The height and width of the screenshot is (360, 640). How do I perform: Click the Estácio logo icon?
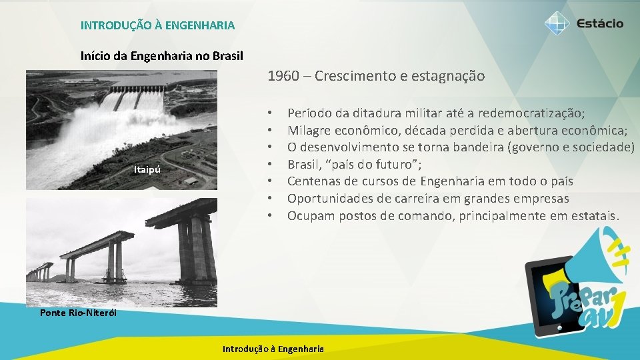point(557,23)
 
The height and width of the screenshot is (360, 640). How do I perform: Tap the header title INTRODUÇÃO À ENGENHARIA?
point(157,26)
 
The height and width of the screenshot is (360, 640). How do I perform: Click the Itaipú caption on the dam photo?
point(146,170)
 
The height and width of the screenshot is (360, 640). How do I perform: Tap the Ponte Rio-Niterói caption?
point(77,313)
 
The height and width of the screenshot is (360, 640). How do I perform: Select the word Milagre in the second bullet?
point(308,131)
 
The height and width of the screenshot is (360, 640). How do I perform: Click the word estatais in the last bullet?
point(595,215)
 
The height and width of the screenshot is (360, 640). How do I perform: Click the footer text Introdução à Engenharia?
point(273,349)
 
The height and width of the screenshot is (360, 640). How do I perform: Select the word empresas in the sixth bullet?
point(542,199)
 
